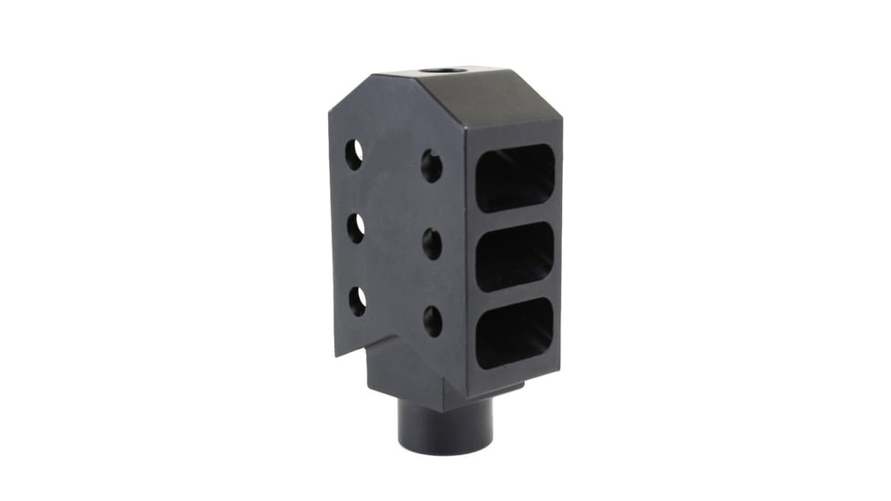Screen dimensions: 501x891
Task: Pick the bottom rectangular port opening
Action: pos(515,332)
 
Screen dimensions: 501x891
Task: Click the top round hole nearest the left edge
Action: pos(353,154)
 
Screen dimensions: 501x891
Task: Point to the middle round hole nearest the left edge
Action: pos(356,227)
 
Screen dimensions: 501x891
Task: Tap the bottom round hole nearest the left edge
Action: pos(357,300)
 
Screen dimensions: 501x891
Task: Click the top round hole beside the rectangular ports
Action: pos(431,166)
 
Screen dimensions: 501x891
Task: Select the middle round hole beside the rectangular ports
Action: pos(433,243)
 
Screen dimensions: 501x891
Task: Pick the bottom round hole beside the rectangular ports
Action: pos(433,321)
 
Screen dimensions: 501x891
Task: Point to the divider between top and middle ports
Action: pos(516,217)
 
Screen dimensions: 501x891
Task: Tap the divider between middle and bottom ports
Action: pos(516,293)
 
